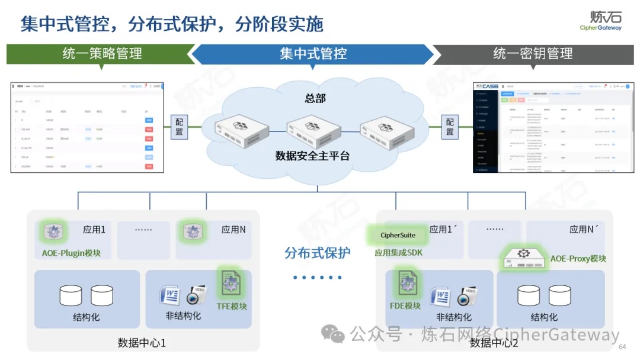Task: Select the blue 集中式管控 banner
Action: click(x=313, y=54)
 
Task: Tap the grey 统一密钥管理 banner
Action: click(x=533, y=54)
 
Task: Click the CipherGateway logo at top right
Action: click(x=600, y=20)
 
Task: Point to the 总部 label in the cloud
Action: click(x=315, y=98)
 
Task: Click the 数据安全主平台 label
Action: click(x=312, y=156)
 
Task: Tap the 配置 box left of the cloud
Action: click(x=180, y=126)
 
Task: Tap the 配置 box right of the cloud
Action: click(x=450, y=126)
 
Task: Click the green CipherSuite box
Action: click(x=398, y=235)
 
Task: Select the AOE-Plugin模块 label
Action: click(x=71, y=253)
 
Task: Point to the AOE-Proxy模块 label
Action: click(x=578, y=258)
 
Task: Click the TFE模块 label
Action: click(x=232, y=306)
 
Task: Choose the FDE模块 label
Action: click(x=405, y=306)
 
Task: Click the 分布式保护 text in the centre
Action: click(x=317, y=253)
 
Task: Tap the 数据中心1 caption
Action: click(x=142, y=343)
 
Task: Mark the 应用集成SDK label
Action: click(x=398, y=253)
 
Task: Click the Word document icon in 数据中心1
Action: click(x=169, y=295)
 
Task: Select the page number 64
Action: click(x=622, y=347)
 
